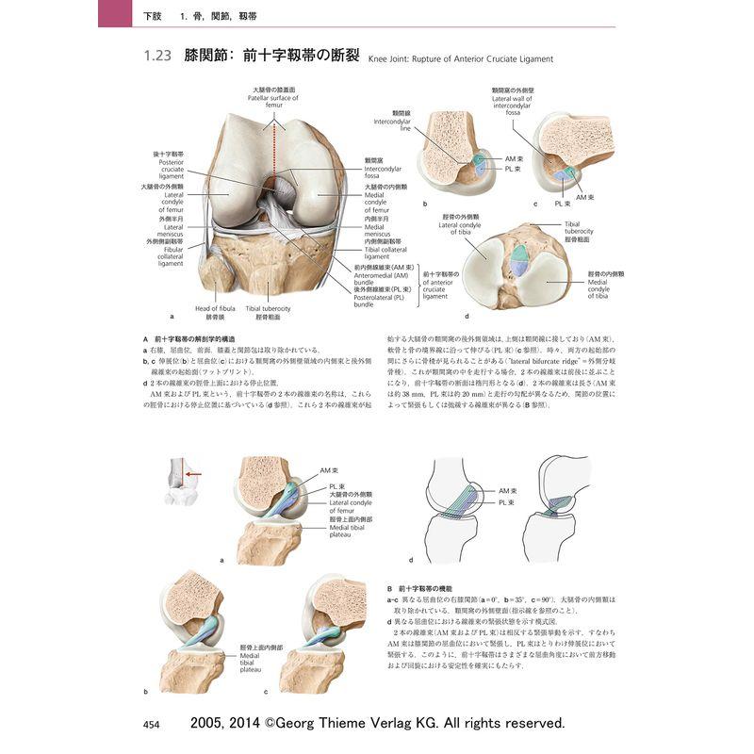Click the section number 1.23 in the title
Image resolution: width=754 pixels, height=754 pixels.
[x=156, y=57]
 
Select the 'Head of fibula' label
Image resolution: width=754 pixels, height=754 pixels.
[x=215, y=308]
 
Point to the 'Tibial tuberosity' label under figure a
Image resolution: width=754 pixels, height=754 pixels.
[x=268, y=308]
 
